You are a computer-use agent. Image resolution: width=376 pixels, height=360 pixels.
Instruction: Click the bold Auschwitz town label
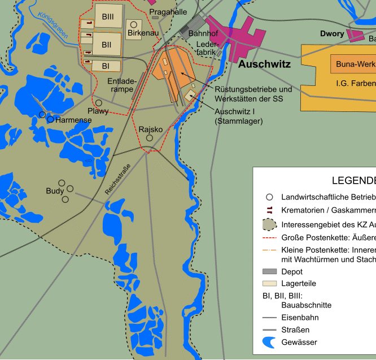pos(264,64)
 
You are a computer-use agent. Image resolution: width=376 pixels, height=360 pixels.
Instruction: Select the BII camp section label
pos(106,44)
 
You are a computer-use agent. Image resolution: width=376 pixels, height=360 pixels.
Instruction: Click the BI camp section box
pos(106,66)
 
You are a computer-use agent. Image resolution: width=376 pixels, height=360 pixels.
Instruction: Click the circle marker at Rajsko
pos(150,138)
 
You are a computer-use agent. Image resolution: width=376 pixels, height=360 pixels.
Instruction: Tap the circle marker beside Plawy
pos(98,103)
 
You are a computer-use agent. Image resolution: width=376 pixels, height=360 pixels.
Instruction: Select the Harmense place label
pos(73,120)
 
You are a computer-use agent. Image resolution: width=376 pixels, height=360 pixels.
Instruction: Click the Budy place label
pos(55,191)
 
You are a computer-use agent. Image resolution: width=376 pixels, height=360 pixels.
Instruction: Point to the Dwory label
pos(332,34)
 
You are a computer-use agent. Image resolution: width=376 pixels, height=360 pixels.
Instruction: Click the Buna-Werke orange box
pos(355,64)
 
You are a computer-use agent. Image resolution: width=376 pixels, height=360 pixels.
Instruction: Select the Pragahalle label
pos(168,12)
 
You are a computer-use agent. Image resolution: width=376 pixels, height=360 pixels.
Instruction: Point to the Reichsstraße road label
pos(117,180)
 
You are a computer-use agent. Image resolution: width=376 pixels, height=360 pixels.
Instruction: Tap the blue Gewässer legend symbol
pos(269,342)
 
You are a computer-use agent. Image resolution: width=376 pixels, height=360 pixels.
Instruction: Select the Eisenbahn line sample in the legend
pos(269,318)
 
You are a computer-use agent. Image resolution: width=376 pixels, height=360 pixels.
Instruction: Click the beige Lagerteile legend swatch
pos(269,283)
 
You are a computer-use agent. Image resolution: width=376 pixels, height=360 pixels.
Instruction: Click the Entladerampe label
pos(122,85)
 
